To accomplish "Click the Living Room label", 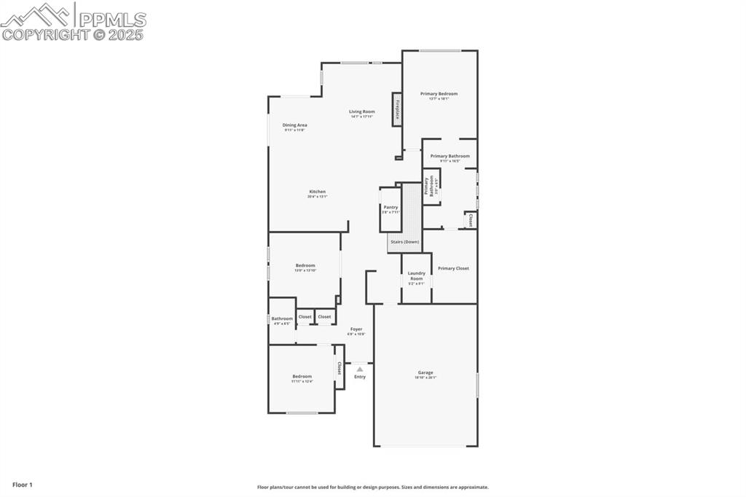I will point(361,112).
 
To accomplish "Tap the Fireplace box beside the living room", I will point(397,109).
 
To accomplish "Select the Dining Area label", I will point(295,125).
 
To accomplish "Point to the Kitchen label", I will point(316,192).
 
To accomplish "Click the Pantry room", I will point(390,209).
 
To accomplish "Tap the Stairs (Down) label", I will point(404,241).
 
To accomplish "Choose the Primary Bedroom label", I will point(439,94).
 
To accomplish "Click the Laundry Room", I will point(416,277).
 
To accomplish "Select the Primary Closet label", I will point(453,268).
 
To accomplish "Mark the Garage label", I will point(425,372).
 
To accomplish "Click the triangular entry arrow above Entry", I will point(359,369).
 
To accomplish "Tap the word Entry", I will point(360,377).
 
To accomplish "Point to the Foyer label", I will point(356,329).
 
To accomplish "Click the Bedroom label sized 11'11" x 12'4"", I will point(302,377).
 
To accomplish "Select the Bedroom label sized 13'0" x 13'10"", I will point(305,265).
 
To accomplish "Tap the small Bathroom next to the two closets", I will point(282,320).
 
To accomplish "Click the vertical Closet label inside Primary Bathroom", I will point(471,219).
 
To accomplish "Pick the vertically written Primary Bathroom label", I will point(429,188).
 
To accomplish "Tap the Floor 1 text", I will point(23,485).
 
